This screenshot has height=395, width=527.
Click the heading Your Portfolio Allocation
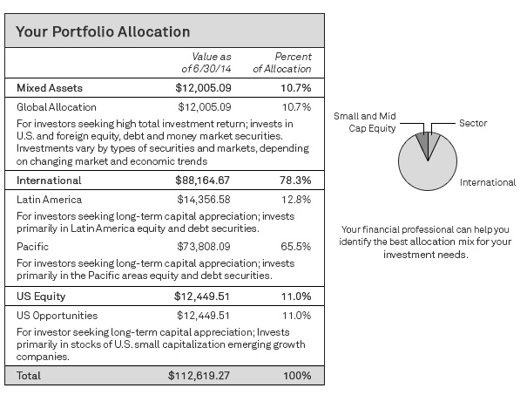coord(104,31)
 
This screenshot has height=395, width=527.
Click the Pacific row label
coord(33,248)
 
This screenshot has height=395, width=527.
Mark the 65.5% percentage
coord(296,248)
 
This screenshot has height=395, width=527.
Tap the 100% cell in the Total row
coord(296,376)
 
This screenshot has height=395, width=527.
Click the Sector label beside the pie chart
coord(473,124)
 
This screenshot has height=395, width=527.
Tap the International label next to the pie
coord(489,183)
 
